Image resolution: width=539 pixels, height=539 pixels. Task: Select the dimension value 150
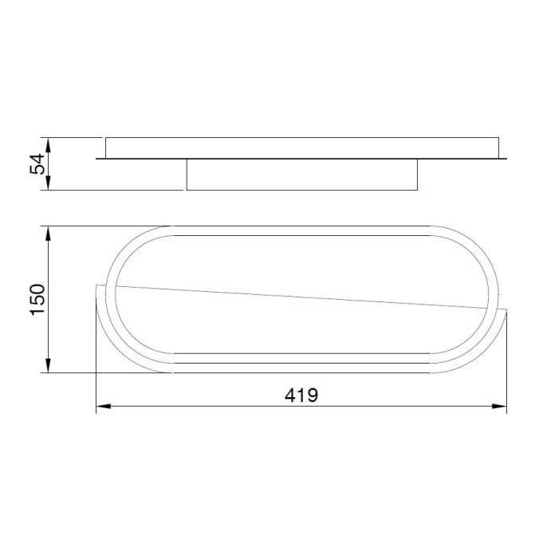coord(37,299)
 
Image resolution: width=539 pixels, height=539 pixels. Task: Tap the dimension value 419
coord(301,395)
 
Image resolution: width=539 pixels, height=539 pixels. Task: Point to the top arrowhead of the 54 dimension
coord(49,141)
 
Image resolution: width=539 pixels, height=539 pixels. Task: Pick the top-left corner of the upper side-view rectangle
coord(105,137)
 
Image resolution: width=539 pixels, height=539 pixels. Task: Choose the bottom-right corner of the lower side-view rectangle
coord(418,190)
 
